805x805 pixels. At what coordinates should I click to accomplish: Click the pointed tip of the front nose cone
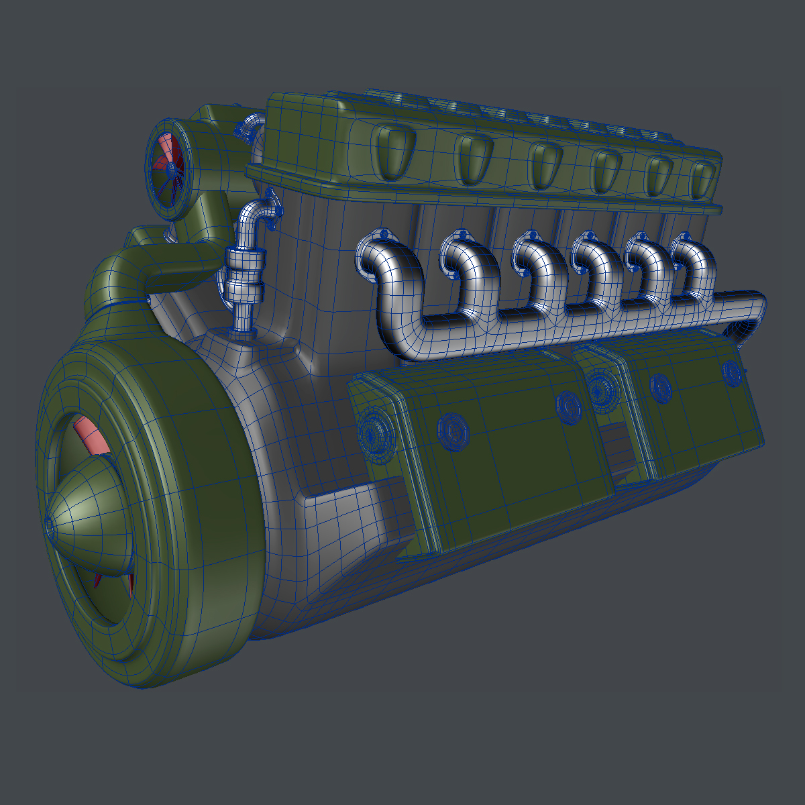coord(51,525)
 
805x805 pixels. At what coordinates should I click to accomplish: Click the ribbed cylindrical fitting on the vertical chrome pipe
coord(244,275)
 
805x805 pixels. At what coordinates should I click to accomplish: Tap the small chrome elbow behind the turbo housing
coord(249,123)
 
